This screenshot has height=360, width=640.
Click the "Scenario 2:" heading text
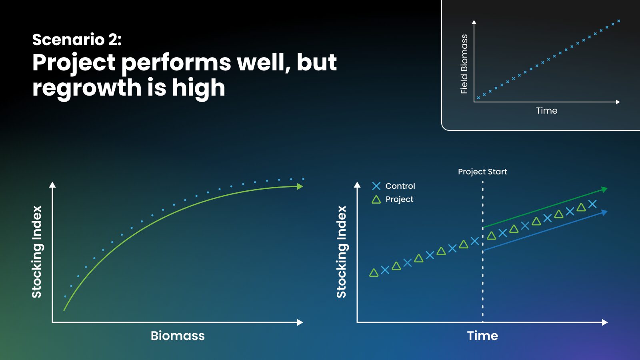(77, 40)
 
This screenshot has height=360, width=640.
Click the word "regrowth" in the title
(87, 88)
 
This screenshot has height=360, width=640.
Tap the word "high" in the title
(198, 88)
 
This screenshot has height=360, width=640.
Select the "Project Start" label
(482, 172)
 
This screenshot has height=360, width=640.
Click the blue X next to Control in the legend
(376, 186)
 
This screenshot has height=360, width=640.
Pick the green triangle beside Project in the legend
(376, 200)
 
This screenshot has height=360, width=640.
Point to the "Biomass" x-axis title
(178, 336)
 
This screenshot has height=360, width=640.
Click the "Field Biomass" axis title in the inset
(464, 64)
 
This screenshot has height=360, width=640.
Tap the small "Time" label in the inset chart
(546, 110)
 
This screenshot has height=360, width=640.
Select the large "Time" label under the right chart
(482, 336)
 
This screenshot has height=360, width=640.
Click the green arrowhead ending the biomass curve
(300, 186)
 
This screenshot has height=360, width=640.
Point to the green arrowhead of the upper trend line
(604, 189)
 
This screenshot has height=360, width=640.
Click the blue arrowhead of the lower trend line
(604, 212)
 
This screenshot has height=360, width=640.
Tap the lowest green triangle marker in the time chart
(374, 273)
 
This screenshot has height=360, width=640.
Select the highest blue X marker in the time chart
(592, 204)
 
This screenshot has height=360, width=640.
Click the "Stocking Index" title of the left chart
(37, 252)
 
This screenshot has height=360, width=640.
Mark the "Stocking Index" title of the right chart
(342, 252)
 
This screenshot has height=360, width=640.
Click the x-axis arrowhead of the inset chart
(618, 102)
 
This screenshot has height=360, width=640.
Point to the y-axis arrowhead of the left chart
(52, 184)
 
